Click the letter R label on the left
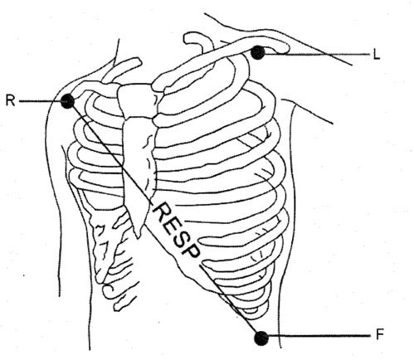pos(10,101)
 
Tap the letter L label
pos(377,56)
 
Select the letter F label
pos(380,335)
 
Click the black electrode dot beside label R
pos(67,101)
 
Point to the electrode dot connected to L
pos(257,52)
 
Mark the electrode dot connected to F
pos(261,338)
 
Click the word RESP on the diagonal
pos(176,230)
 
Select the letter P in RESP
pos(190,250)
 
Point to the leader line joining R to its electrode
pos(40,101)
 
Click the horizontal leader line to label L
pos(317,55)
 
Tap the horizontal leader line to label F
pos(319,336)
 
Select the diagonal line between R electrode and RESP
pos(112,153)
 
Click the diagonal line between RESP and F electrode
pos(229,299)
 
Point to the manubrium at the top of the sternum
pos(135,101)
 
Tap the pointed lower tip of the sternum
pos(138,235)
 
